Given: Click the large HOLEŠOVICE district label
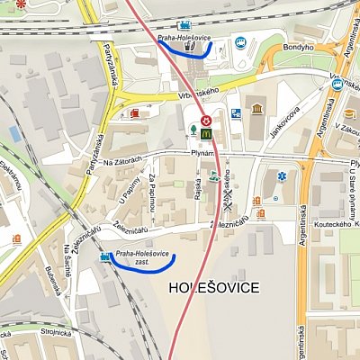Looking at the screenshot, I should [x=214, y=288].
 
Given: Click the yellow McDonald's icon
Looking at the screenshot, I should [x=206, y=133].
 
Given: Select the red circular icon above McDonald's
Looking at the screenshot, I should [x=206, y=119].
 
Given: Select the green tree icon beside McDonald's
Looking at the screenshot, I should [x=193, y=132].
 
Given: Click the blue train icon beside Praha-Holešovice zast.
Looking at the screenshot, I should [x=106, y=259].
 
